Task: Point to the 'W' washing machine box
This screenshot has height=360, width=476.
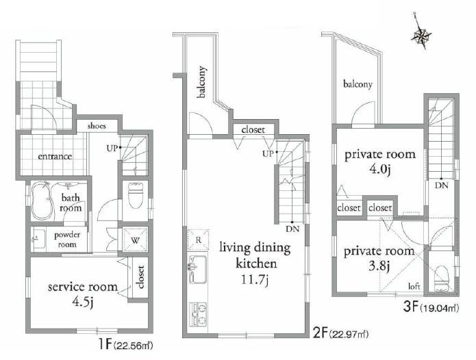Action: click(134, 240)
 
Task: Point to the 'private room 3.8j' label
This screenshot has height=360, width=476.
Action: click(379, 258)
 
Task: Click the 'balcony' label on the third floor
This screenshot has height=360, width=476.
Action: click(358, 85)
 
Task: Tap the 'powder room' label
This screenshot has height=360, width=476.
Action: click(71, 239)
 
